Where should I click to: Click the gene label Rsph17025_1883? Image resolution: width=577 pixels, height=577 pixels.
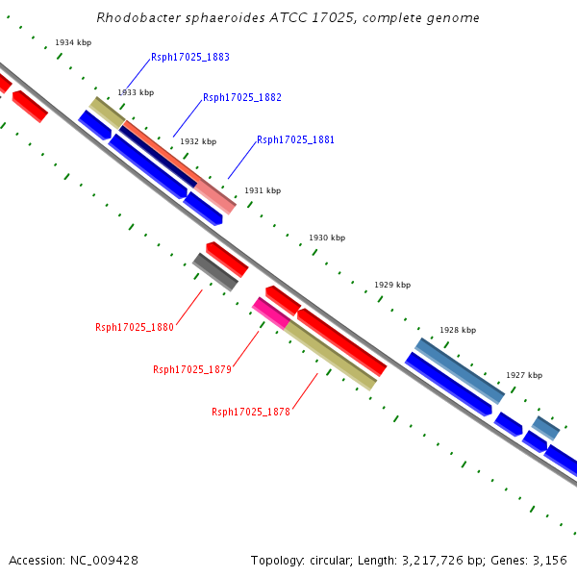tap(189, 58)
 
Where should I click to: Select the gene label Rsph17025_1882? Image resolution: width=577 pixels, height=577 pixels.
tap(241, 98)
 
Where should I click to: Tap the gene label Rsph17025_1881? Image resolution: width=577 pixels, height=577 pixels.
tap(295, 140)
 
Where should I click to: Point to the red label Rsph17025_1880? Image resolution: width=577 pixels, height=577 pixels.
tap(135, 327)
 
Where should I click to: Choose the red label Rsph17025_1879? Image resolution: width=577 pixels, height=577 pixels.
tap(192, 369)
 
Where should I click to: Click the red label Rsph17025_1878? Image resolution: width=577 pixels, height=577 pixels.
tap(251, 412)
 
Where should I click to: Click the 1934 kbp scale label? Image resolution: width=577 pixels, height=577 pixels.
tap(73, 43)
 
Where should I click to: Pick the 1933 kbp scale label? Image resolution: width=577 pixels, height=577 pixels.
tap(136, 92)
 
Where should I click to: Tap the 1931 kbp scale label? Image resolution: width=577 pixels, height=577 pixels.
tap(263, 190)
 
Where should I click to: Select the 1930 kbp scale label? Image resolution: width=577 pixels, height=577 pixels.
tap(327, 238)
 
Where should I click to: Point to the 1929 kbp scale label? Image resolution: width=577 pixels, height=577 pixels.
tap(392, 285)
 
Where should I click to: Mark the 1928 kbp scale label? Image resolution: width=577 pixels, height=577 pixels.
tap(458, 330)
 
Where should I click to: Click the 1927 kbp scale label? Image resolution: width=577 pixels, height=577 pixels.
tap(524, 375)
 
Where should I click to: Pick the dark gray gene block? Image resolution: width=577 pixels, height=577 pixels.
tap(215, 272)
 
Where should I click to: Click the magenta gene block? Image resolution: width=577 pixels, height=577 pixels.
tap(270, 313)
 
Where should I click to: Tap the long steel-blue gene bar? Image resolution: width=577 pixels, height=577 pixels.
tap(460, 370)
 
